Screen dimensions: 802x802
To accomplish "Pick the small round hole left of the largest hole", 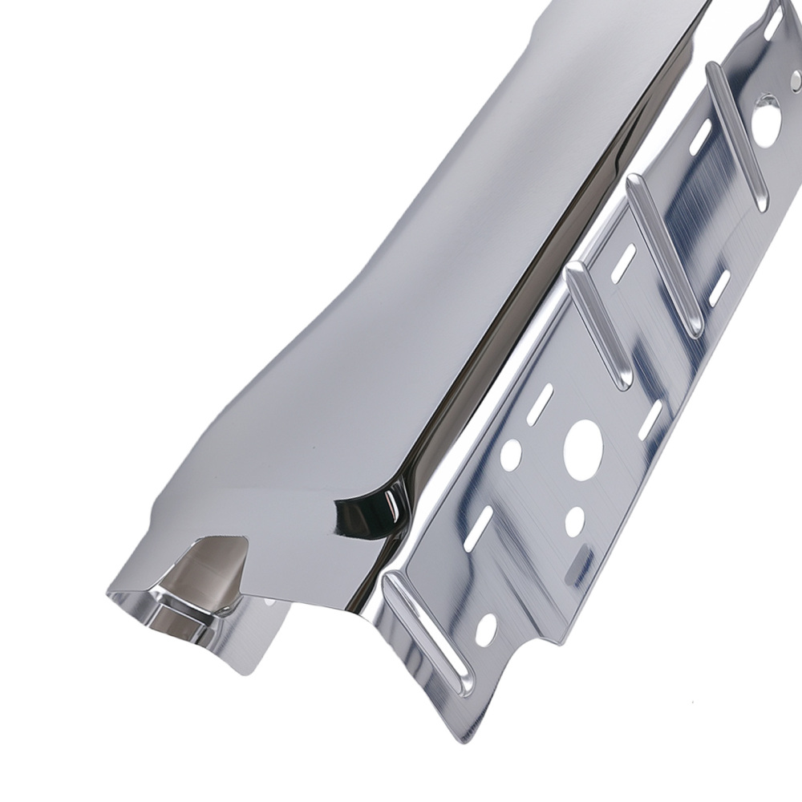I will pyautogui.click(x=511, y=455).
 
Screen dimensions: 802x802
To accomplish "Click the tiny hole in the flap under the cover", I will pyautogui.click(x=267, y=600).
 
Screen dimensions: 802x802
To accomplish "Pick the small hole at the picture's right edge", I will pyautogui.click(x=796, y=80).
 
